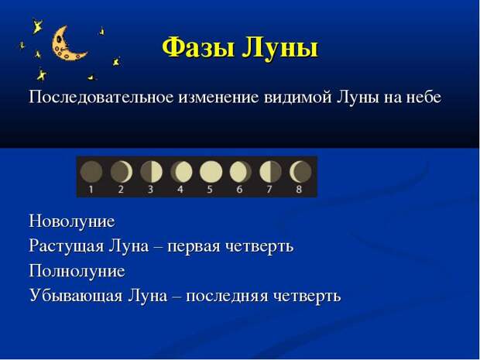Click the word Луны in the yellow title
pos(280,48)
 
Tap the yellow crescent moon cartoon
pos(67,44)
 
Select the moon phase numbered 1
pos(91,171)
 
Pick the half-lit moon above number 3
pos(151,171)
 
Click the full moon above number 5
pos(211,171)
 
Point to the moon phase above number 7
pos(271,171)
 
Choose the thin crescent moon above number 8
pos(300,171)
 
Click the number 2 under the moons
pos(121,190)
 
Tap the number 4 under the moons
pos(180,190)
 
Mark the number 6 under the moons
pos(239,190)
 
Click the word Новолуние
pos(72,221)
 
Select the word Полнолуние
pos(77,271)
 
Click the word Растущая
pos(67,246)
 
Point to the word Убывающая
pos(76,296)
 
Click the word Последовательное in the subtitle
pos(101,98)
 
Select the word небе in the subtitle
pos(423,98)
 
